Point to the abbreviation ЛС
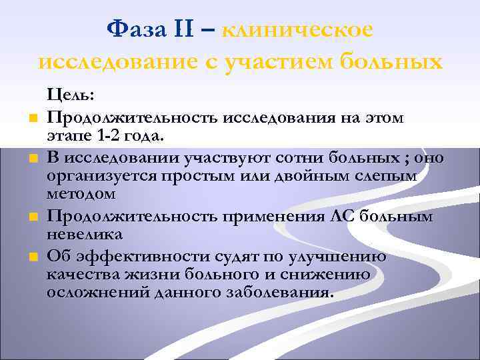340,216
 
